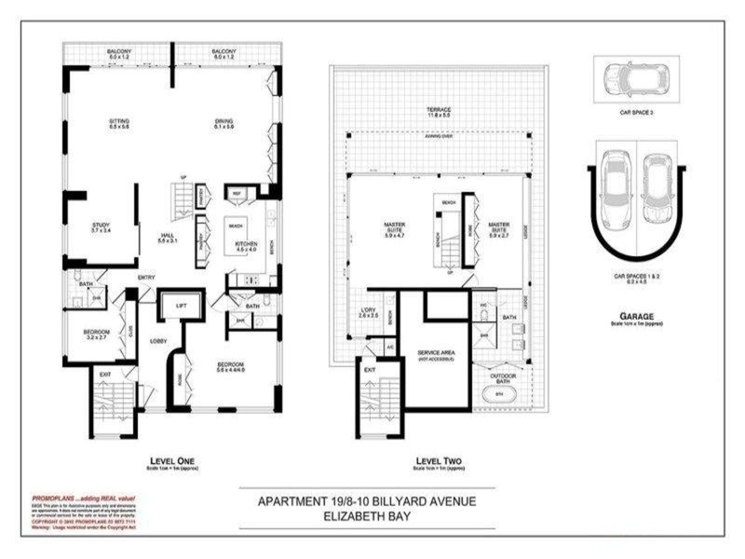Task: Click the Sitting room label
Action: pyautogui.click(x=118, y=123)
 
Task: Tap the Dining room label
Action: pyautogui.click(x=223, y=123)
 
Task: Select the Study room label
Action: pyautogui.click(x=101, y=226)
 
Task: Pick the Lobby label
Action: pyautogui.click(x=159, y=342)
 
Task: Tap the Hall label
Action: pyautogui.click(x=168, y=238)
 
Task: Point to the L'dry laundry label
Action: pyautogui.click(x=367, y=312)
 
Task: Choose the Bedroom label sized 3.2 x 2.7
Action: pyautogui.click(x=97, y=334)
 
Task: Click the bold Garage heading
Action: pyautogui.click(x=637, y=316)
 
